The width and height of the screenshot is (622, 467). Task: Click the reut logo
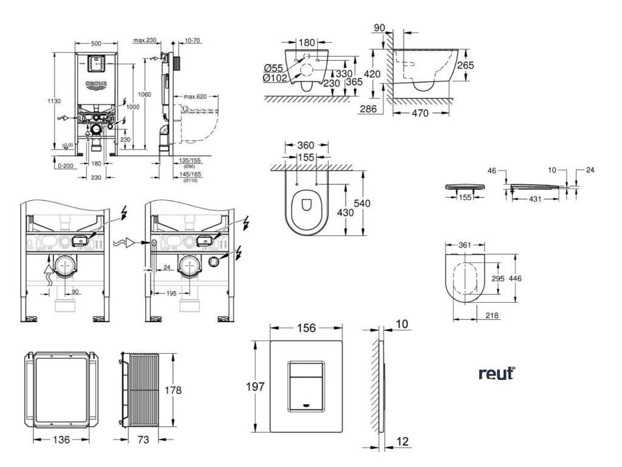click(x=496, y=373)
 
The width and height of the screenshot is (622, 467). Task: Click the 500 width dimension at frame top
click(x=97, y=44)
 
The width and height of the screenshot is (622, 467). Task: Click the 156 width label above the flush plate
click(x=306, y=328)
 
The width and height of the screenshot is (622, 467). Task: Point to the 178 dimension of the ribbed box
click(x=174, y=390)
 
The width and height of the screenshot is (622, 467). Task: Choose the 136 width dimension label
click(x=58, y=439)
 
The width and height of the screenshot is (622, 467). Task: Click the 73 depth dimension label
click(x=142, y=439)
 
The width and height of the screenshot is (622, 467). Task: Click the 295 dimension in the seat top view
click(x=497, y=278)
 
